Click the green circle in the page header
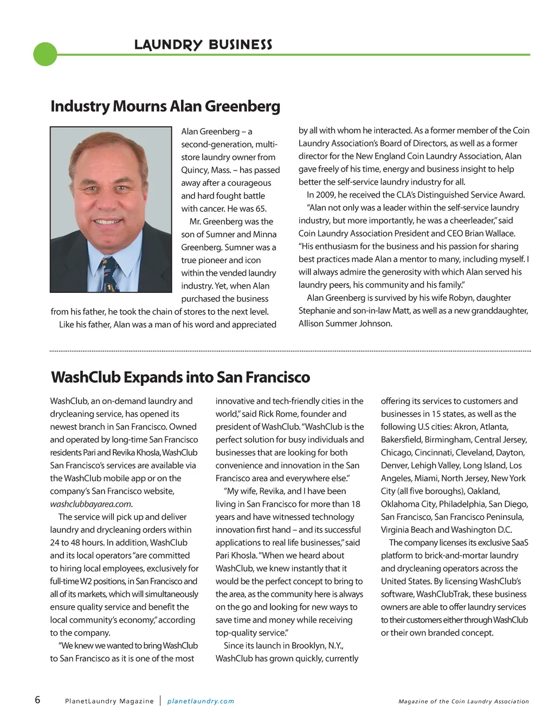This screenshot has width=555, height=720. (x=45, y=54)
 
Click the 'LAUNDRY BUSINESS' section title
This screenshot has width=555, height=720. (x=203, y=44)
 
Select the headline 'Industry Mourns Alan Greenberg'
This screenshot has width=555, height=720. (x=165, y=106)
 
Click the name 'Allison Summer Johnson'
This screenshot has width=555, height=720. (x=345, y=324)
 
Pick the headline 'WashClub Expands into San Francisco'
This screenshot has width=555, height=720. (x=180, y=377)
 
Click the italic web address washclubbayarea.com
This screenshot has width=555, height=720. (x=91, y=504)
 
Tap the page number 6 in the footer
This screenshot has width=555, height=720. (x=37, y=699)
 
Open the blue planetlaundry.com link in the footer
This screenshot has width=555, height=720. (x=201, y=701)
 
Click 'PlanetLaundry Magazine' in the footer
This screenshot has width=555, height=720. (x=109, y=701)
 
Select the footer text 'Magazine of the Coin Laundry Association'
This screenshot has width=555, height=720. (x=463, y=702)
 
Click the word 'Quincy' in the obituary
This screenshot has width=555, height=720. (x=194, y=170)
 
